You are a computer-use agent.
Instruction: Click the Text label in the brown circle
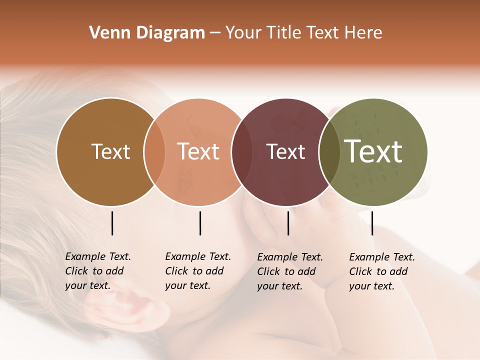point(110,152)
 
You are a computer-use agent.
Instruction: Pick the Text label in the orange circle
point(198,152)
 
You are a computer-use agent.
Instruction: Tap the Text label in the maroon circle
point(285,152)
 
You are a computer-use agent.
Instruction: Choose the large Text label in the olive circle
point(373,152)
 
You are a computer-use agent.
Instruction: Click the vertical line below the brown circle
point(112,223)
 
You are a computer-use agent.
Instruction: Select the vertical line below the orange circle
point(200,223)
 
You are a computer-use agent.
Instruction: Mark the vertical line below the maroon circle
point(288,223)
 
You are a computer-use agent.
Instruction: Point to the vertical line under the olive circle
point(372,223)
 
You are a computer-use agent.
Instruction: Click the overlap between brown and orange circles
point(154,152)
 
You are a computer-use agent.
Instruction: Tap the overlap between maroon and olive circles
point(329,152)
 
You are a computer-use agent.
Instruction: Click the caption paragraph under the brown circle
point(98,271)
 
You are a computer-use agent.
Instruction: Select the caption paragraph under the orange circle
point(198,271)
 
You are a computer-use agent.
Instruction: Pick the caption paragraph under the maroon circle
point(290,271)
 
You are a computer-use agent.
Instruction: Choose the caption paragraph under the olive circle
point(382,271)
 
